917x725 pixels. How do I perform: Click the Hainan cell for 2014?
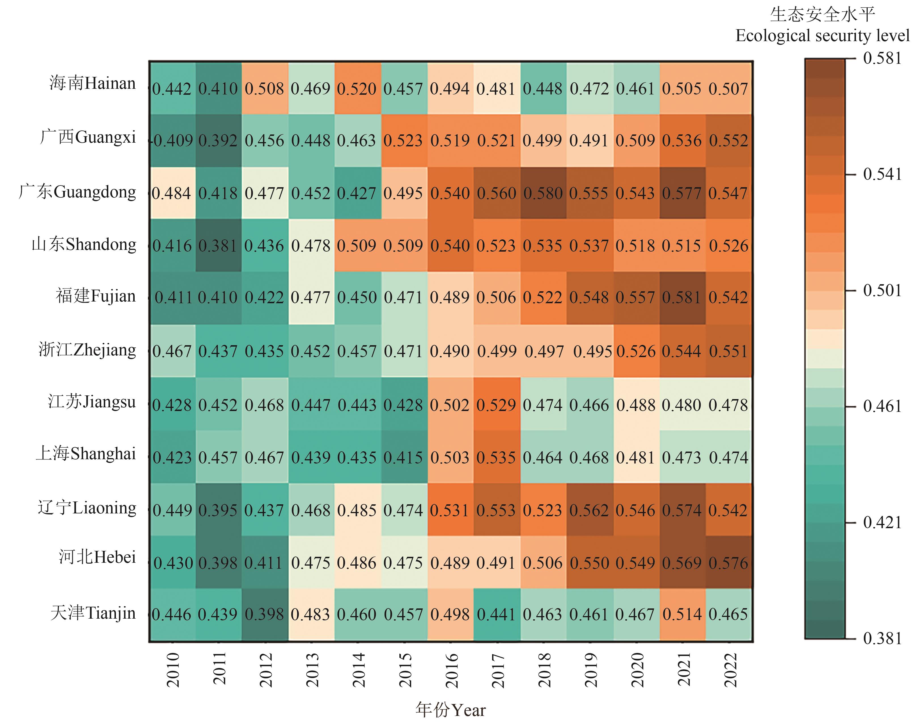(x=357, y=88)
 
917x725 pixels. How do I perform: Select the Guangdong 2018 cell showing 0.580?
(x=543, y=193)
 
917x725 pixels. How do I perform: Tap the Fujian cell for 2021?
(x=682, y=298)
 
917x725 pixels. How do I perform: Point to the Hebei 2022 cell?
(x=728, y=562)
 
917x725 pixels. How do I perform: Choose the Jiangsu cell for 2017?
(x=496, y=404)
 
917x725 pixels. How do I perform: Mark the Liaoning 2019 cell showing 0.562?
(x=589, y=510)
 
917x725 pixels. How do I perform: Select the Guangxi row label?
(x=88, y=137)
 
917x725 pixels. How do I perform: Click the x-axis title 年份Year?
(x=450, y=710)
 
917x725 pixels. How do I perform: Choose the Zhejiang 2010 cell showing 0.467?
(x=172, y=351)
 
